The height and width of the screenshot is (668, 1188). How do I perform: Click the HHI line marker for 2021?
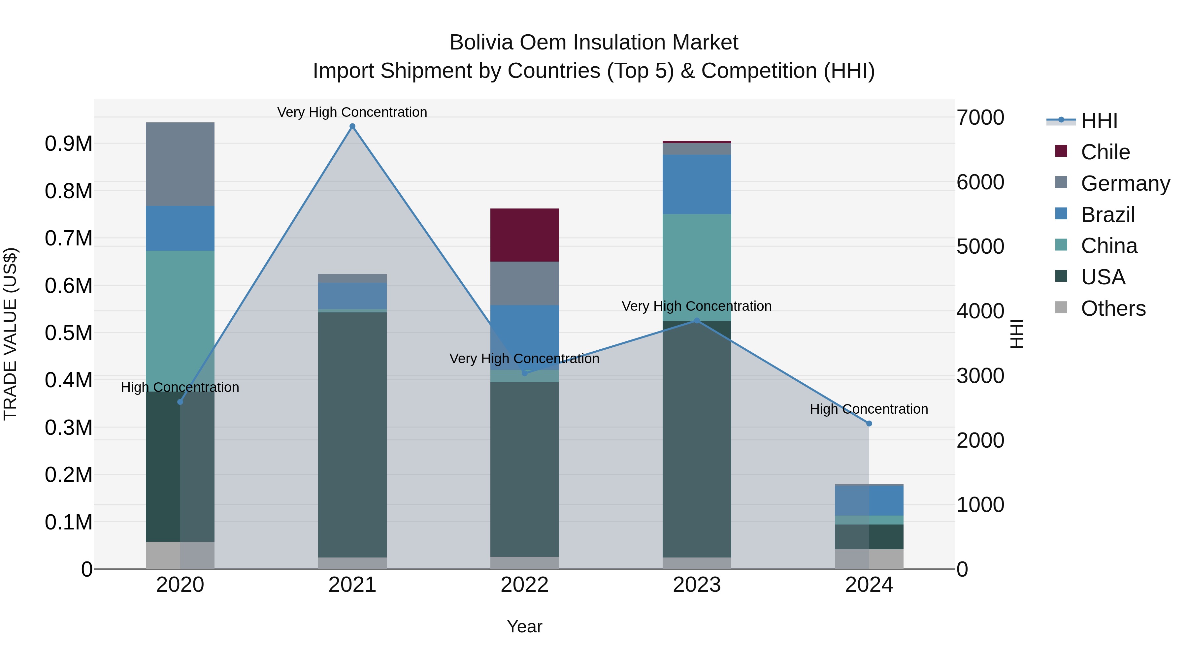click(x=352, y=126)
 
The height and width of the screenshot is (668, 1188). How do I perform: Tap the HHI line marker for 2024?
click(x=869, y=423)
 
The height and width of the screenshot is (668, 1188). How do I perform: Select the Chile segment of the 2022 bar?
click(x=524, y=235)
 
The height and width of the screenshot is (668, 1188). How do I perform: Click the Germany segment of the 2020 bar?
click(x=180, y=164)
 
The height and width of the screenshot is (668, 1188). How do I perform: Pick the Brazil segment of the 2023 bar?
click(x=696, y=184)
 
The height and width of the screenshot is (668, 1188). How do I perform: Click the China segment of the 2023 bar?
click(x=696, y=268)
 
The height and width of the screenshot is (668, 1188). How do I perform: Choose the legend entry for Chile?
click(x=1105, y=152)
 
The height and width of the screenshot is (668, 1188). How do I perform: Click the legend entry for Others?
click(x=1112, y=308)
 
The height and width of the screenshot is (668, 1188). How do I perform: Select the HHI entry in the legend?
click(x=1099, y=121)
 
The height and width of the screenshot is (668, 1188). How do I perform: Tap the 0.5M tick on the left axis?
click(x=68, y=333)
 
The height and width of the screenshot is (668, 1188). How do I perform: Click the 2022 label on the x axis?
click(x=524, y=585)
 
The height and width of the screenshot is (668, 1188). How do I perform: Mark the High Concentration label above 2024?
click(x=869, y=409)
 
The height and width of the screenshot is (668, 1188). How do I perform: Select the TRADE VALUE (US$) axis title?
click(x=10, y=334)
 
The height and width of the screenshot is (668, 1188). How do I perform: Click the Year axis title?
click(x=524, y=626)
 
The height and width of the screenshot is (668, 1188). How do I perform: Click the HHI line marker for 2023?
click(x=696, y=320)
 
